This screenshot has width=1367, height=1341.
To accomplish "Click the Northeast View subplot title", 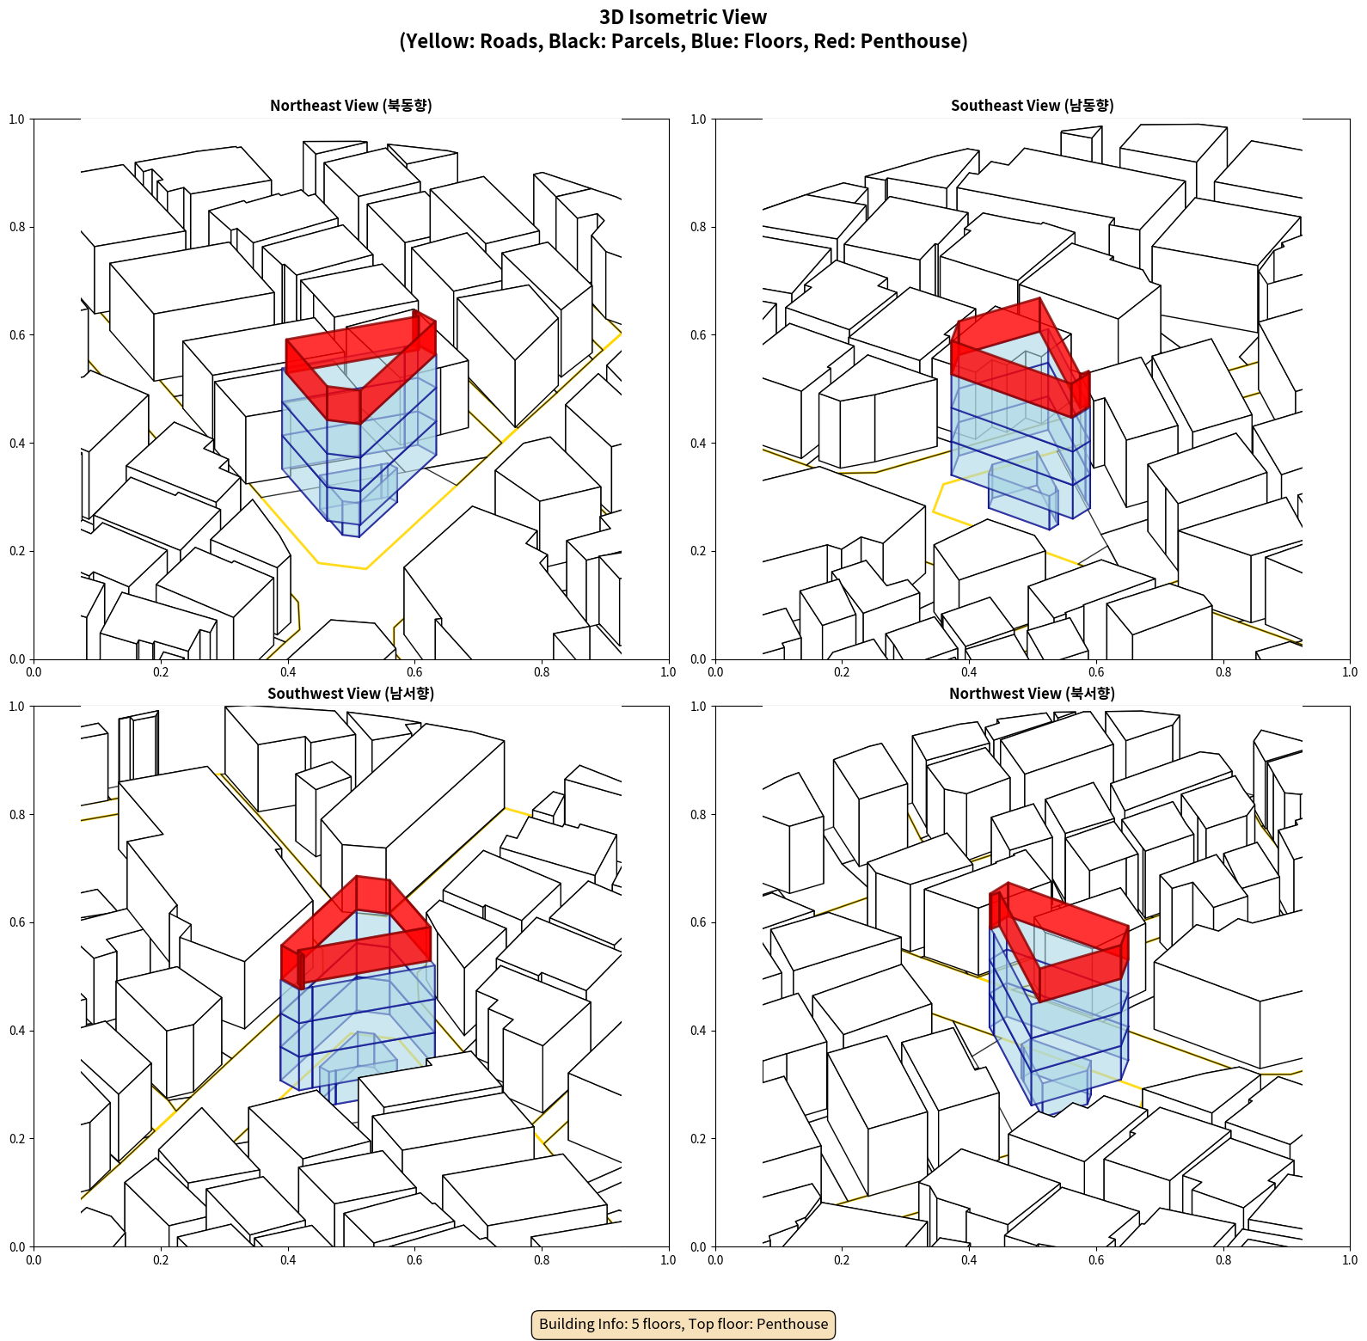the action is tap(351, 106).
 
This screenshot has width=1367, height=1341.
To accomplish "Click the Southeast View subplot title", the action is tap(1032, 106).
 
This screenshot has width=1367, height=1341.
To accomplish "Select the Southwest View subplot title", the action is tap(351, 694).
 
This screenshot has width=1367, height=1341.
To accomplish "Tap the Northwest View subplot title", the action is tap(1032, 694).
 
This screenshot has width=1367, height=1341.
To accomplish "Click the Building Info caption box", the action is tap(683, 1324).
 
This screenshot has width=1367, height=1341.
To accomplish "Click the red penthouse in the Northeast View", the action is tap(360, 366).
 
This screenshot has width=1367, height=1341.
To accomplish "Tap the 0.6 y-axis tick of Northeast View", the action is tap(17, 335).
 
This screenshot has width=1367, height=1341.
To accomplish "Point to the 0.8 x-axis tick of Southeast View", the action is tap(1223, 672).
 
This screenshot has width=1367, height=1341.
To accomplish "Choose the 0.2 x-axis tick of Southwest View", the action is tap(161, 1260).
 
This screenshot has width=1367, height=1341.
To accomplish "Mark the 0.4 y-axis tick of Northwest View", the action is tap(698, 1031).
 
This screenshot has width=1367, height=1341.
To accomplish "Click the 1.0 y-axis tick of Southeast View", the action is tap(698, 119).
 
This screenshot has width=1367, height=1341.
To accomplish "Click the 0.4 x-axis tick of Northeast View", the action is tap(288, 672).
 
